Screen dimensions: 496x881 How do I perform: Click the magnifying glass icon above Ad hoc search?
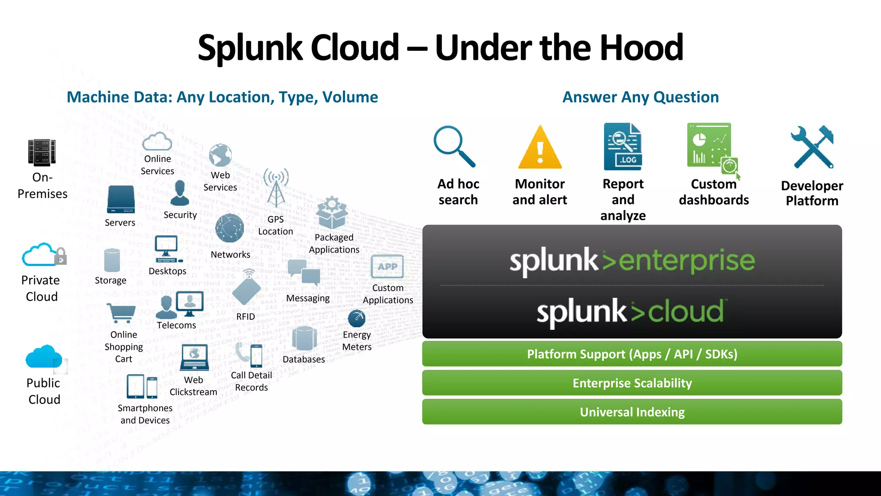pyautogui.click(x=453, y=146)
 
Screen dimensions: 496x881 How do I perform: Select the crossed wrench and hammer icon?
pyautogui.click(x=812, y=147)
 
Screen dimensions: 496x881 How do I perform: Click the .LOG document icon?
pyautogui.click(x=622, y=147)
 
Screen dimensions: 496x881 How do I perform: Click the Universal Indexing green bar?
pyautogui.click(x=632, y=412)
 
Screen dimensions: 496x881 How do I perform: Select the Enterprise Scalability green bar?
pyautogui.click(x=632, y=383)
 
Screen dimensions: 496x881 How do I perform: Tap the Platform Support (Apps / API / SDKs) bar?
pyautogui.click(x=632, y=354)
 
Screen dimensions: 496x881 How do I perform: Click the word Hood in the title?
pyautogui.click(x=641, y=47)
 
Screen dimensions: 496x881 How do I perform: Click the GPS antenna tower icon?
pyautogui.click(x=276, y=188)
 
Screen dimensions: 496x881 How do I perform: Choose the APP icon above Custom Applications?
pyautogui.click(x=387, y=267)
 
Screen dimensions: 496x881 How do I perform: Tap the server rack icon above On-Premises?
pyautogui.click(x=42, y=152)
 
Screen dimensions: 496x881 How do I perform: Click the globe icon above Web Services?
pyautogui.click(x=220, y=155)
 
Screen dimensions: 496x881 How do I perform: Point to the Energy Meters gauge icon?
pyautogui.click(x=357, y=319)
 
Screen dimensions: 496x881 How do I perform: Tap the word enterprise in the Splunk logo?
pyautogui.click(x=687, y=261)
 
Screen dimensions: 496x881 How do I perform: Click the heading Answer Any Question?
pyautogui.click(x=641, y=97)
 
